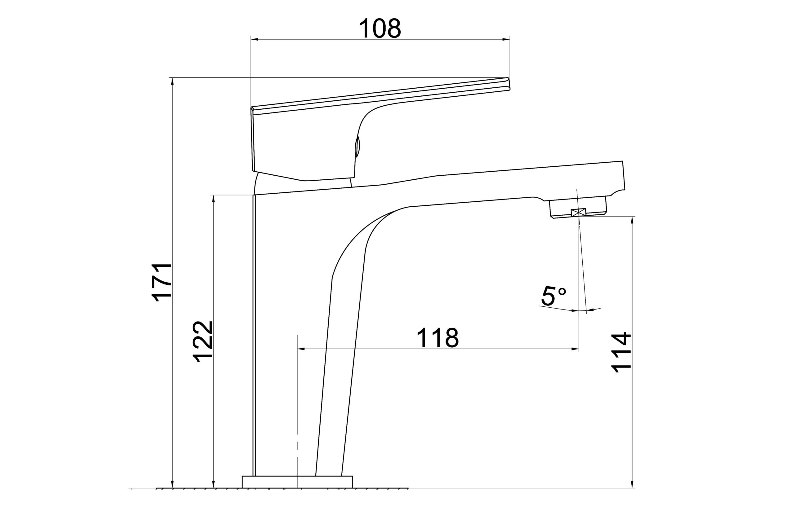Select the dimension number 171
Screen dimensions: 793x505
tap(162, 282)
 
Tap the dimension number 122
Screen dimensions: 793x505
tap(203, 341)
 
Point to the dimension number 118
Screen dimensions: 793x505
tap(438, 338)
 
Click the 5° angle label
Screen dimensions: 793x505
tap(553, 296)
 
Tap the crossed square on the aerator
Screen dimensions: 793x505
tap(579, 213)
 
